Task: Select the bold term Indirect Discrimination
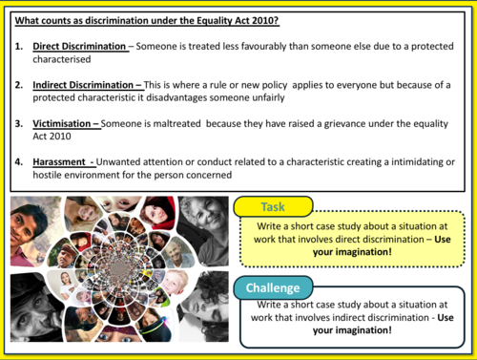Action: (85, 84)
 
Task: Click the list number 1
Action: (19, 46)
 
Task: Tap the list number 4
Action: (19, 160)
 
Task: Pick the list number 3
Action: (19, 122)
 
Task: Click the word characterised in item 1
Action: (62, 59)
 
